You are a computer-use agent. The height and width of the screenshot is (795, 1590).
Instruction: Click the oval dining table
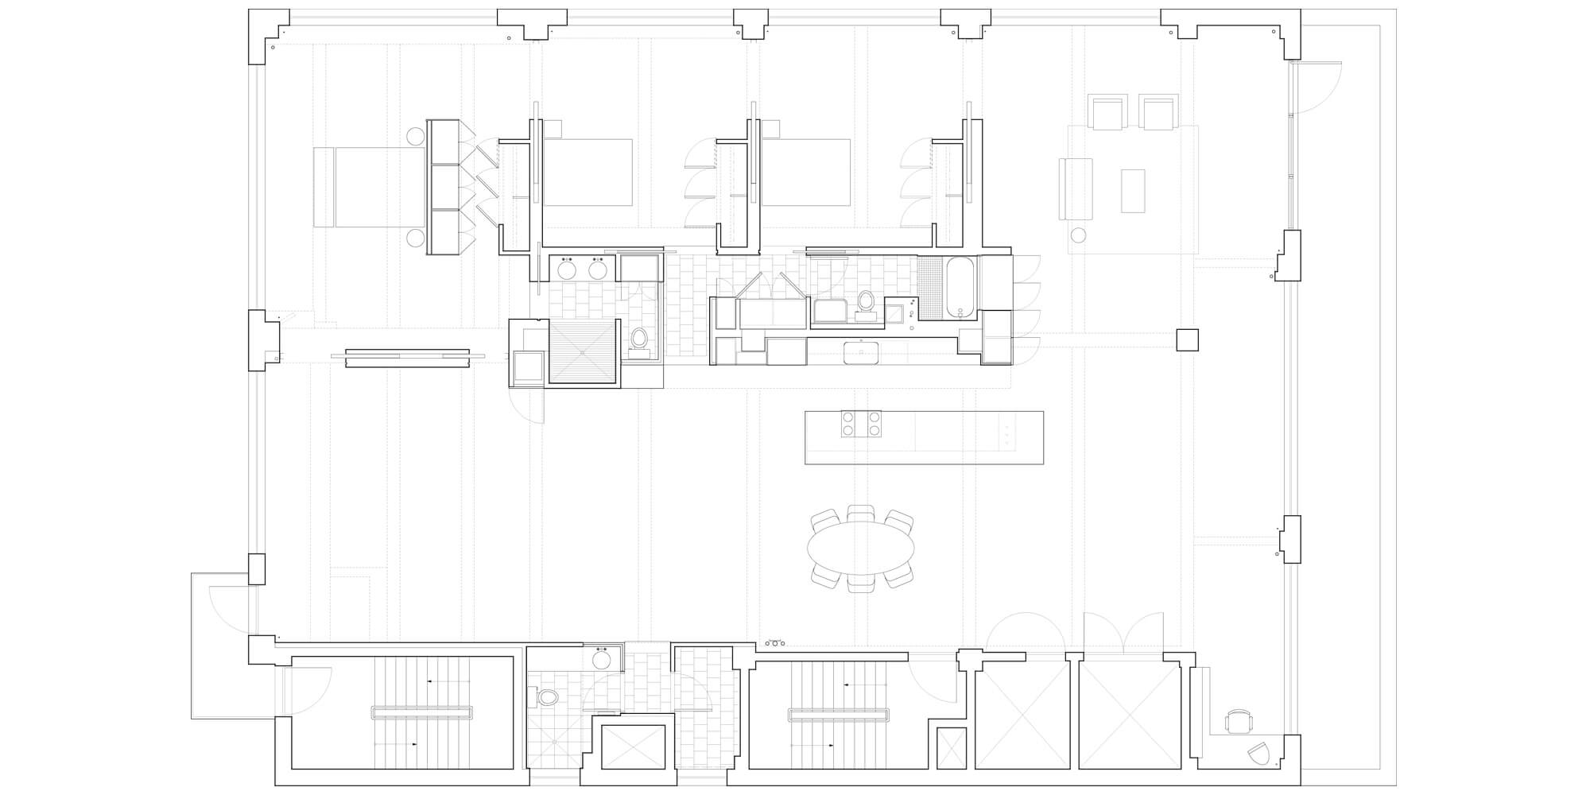pyautogui.click(x=861, y=548)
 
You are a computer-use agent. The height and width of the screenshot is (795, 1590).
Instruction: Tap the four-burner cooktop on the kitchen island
pyautogui.click(x=862, y=423)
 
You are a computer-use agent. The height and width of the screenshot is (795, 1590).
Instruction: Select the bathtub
pyautogui.click(x=961, y=287)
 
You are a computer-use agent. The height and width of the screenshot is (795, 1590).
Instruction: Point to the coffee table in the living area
pyautogui.click(x=1133, y=191)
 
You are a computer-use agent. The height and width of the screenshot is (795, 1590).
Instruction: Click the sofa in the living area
pyautogui.click(x=1076, y=188)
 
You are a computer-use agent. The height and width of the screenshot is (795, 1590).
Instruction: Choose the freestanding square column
pyautogui.click(x=1187, y=339)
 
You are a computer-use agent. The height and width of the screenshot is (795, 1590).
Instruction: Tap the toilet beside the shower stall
pyautogui.click(x=638, y=340)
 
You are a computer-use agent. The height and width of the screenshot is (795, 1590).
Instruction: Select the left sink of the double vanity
pyautogui.click(x=567, y=270)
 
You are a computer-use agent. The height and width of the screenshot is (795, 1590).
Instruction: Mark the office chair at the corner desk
pyautogui.click(x=1238, y=722)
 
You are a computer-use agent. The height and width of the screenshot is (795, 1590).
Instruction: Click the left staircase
pyautogui.click(x=421, y=712)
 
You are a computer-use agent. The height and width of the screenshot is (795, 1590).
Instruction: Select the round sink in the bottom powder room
pyautogui.click(x=601, y=660)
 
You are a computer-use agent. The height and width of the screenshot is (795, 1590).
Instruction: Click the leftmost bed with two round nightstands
pyautogui.click(x=370, y=187)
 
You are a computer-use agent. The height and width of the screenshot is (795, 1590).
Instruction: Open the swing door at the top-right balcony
pyautogui.click(x=1316, y=87)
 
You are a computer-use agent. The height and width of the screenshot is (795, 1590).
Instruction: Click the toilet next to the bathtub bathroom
pyautogui.click(x=866, y=302)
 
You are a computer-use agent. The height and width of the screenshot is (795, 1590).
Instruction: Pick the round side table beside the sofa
pyautogui.click(x=1079, y=235)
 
